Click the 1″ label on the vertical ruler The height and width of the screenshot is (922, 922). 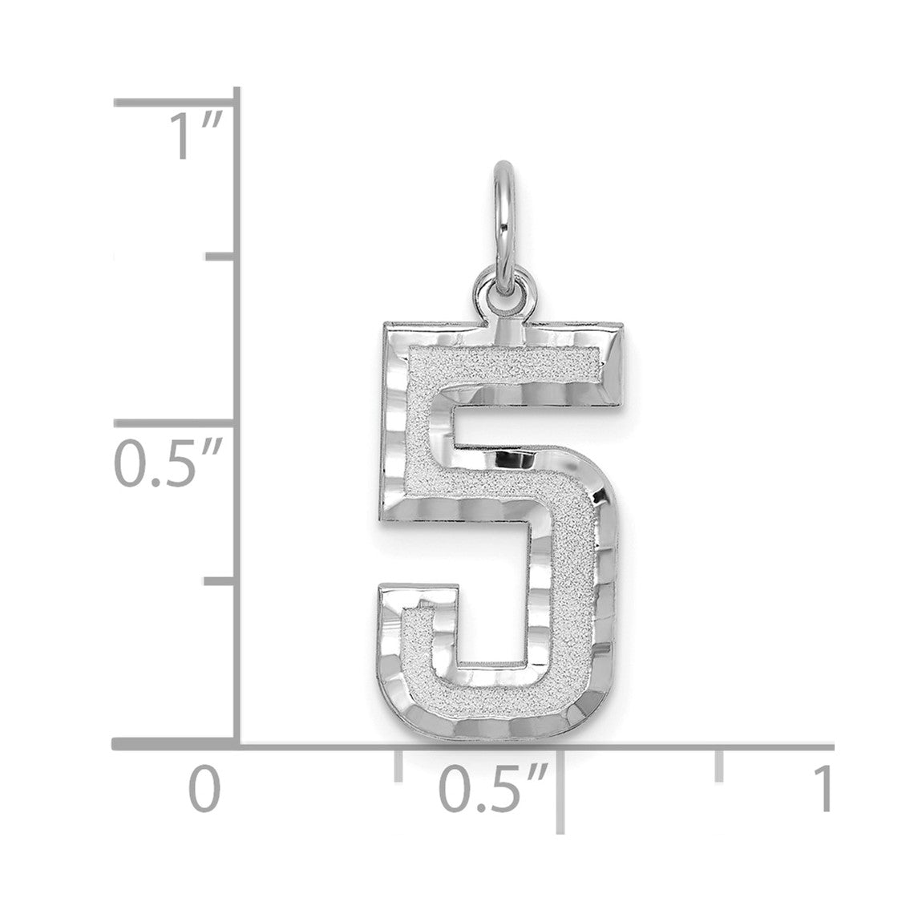tap(196, 136)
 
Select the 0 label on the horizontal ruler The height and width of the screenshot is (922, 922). tap(204, 790)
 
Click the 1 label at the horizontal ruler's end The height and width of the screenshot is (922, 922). tap(824, 789)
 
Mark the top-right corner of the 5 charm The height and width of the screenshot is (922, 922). tap(623, 324)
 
